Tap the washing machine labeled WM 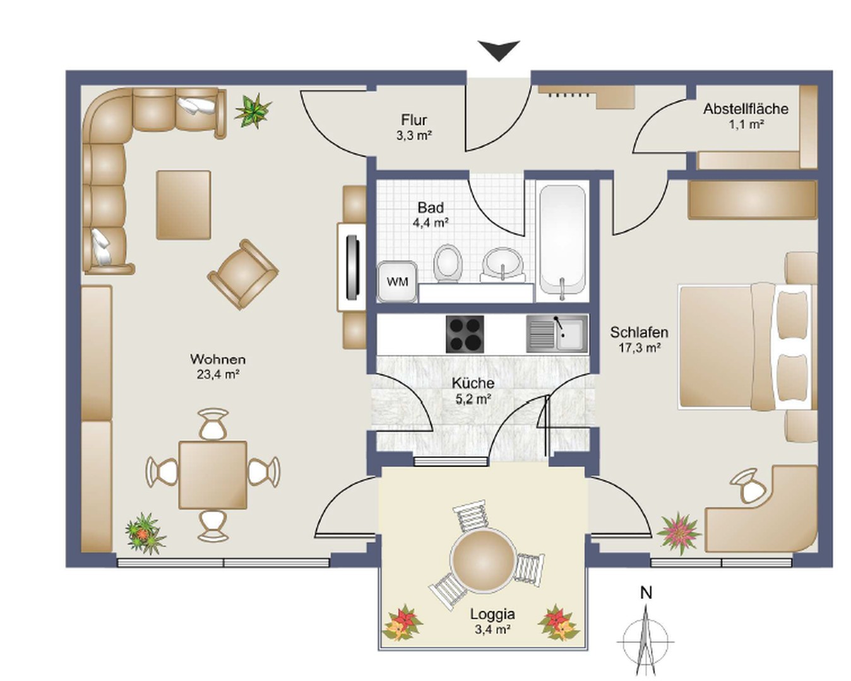[397, 282]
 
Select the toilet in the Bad [448, 263]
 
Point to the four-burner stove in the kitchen [465, 334]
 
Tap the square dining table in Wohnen [213, 475]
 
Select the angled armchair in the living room [243, 274]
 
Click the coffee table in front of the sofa [183, 205]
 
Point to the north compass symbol [646, 632]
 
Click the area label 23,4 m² [218, 374]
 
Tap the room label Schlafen [639, 332]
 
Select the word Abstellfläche [746, 108]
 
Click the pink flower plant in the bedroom [679, 533]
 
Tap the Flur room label [414, 120]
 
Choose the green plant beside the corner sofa [253, 110]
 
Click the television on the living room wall [352, 267]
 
